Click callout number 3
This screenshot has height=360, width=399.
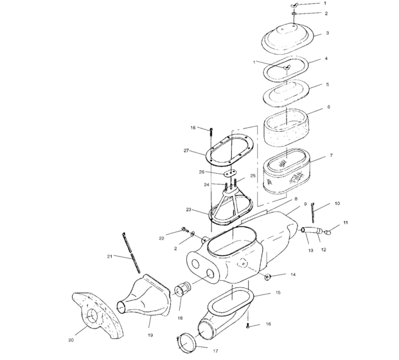328,33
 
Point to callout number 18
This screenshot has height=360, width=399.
179,318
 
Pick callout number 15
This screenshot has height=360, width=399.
278,292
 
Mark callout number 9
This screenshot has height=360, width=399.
306,204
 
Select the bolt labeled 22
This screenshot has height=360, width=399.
184,230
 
